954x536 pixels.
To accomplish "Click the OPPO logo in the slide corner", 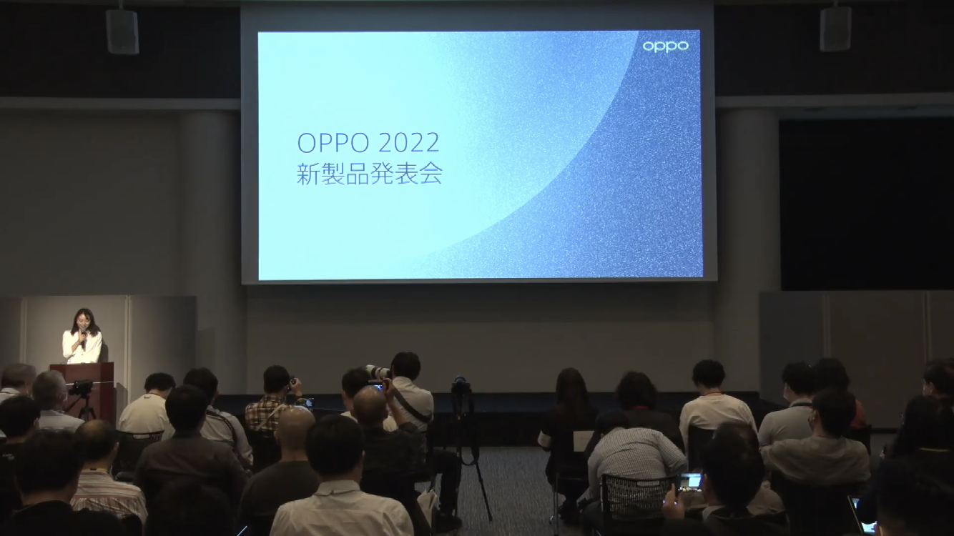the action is [x=665, y=46].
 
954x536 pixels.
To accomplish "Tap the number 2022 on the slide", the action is [x=408, y=143].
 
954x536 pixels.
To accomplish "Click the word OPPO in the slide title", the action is [x=333, y=143].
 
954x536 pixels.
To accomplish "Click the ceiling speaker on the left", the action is [x=122, y=31].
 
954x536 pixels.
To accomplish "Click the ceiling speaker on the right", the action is [x=835, y=29].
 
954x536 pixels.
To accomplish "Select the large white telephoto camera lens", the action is [x=378, y=371].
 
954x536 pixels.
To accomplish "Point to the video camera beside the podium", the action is [x=81, y=387].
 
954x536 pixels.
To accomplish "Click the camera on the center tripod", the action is [x=461, y=386].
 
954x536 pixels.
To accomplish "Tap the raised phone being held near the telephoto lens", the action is [x=376, y=387].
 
